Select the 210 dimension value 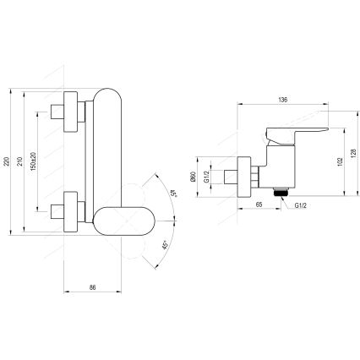point(22,160)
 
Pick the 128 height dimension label point(348,156)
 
